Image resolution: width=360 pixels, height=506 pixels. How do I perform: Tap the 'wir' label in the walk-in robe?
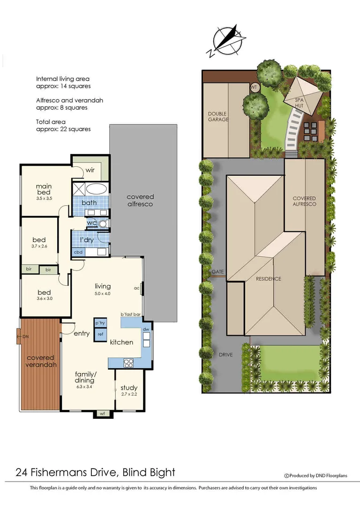90,170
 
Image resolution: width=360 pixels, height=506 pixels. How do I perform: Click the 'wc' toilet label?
92,223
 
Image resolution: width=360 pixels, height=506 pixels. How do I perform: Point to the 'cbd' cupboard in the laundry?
78,252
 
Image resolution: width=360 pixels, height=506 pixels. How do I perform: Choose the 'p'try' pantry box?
100,323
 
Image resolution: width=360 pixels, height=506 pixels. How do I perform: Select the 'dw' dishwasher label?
146,330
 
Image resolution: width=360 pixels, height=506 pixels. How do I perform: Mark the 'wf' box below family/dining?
103,413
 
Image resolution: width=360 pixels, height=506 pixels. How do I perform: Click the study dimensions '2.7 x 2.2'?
129,395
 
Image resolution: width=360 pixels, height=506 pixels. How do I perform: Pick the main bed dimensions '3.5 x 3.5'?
44,199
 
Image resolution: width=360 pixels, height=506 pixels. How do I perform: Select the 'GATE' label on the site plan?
217,272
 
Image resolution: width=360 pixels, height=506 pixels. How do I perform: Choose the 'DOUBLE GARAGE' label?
218,116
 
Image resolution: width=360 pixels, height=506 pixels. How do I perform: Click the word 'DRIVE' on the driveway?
225,355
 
